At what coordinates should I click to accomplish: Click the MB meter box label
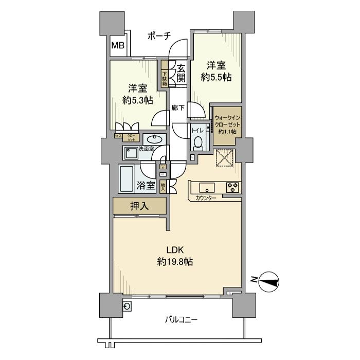click(x=118, y=45)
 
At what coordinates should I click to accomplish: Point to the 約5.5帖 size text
click(x=215, y=77)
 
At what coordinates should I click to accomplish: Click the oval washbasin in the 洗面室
click(x=154, y=139)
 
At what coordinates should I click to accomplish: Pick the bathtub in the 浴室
click(x=126, y=178)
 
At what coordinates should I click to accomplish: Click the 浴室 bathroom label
click(x=146, y=186)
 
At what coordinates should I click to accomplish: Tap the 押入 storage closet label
click(x=139, y=206)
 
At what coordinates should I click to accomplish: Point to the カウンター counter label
click(x=206, y=198)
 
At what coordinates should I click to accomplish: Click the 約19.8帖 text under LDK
click(x=175, y=262)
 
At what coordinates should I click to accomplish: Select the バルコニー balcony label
click(x=181, y=319)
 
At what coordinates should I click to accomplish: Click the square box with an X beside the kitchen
click(x=225, y=158)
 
